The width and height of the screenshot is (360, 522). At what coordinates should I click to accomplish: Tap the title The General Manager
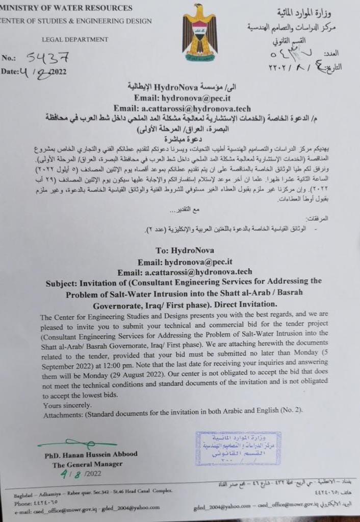(x=87, y=464)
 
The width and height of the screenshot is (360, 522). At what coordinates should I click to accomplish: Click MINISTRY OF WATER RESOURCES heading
(x=66, y=8)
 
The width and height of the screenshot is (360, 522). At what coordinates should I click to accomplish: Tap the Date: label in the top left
(x=10, y=71)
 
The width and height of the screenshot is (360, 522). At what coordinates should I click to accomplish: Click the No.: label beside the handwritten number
(x=9, y=58)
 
